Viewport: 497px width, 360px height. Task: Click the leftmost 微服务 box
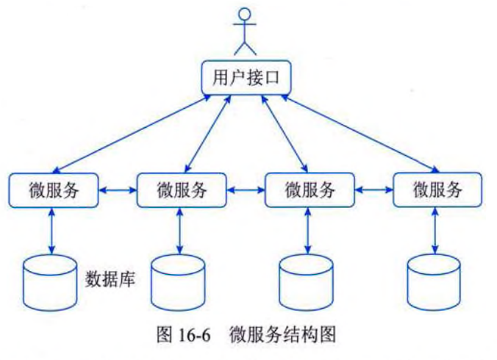click(53, 190)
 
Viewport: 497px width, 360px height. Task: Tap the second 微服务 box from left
click(181, 190)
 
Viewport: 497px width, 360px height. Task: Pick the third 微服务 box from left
click(309, 190)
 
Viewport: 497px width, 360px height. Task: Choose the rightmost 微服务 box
click(437, 190)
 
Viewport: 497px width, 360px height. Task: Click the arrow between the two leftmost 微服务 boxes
click(117, 190)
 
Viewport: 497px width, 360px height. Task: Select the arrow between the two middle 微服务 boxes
click(245, 190)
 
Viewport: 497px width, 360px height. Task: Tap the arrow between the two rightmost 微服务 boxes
click(373, 190)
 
